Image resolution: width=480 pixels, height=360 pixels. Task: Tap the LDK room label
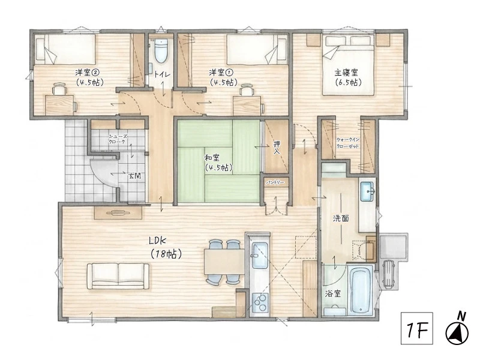coord(157,241)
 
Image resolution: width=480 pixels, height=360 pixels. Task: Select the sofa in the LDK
coord(118,276)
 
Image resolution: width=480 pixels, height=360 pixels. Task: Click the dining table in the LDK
coord(224,262)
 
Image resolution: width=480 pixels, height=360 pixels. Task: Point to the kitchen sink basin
coord(260,254)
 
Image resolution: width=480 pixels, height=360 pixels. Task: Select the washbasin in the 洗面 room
coord(367,191)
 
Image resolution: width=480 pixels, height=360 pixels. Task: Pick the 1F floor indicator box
coord(417,328)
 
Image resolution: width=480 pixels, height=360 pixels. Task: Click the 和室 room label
coord(212,158)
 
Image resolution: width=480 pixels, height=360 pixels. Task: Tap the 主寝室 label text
coord(346,73)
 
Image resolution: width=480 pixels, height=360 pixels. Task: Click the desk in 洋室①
coord(247,106)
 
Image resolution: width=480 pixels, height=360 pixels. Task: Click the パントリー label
coord(275,182)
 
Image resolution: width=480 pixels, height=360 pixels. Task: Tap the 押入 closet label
coord(277,148)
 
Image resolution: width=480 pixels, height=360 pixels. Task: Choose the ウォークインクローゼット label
coord(348,143)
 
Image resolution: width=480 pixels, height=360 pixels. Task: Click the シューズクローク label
coord(117,139)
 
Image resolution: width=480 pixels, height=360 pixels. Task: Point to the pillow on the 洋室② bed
coord(40,49)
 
